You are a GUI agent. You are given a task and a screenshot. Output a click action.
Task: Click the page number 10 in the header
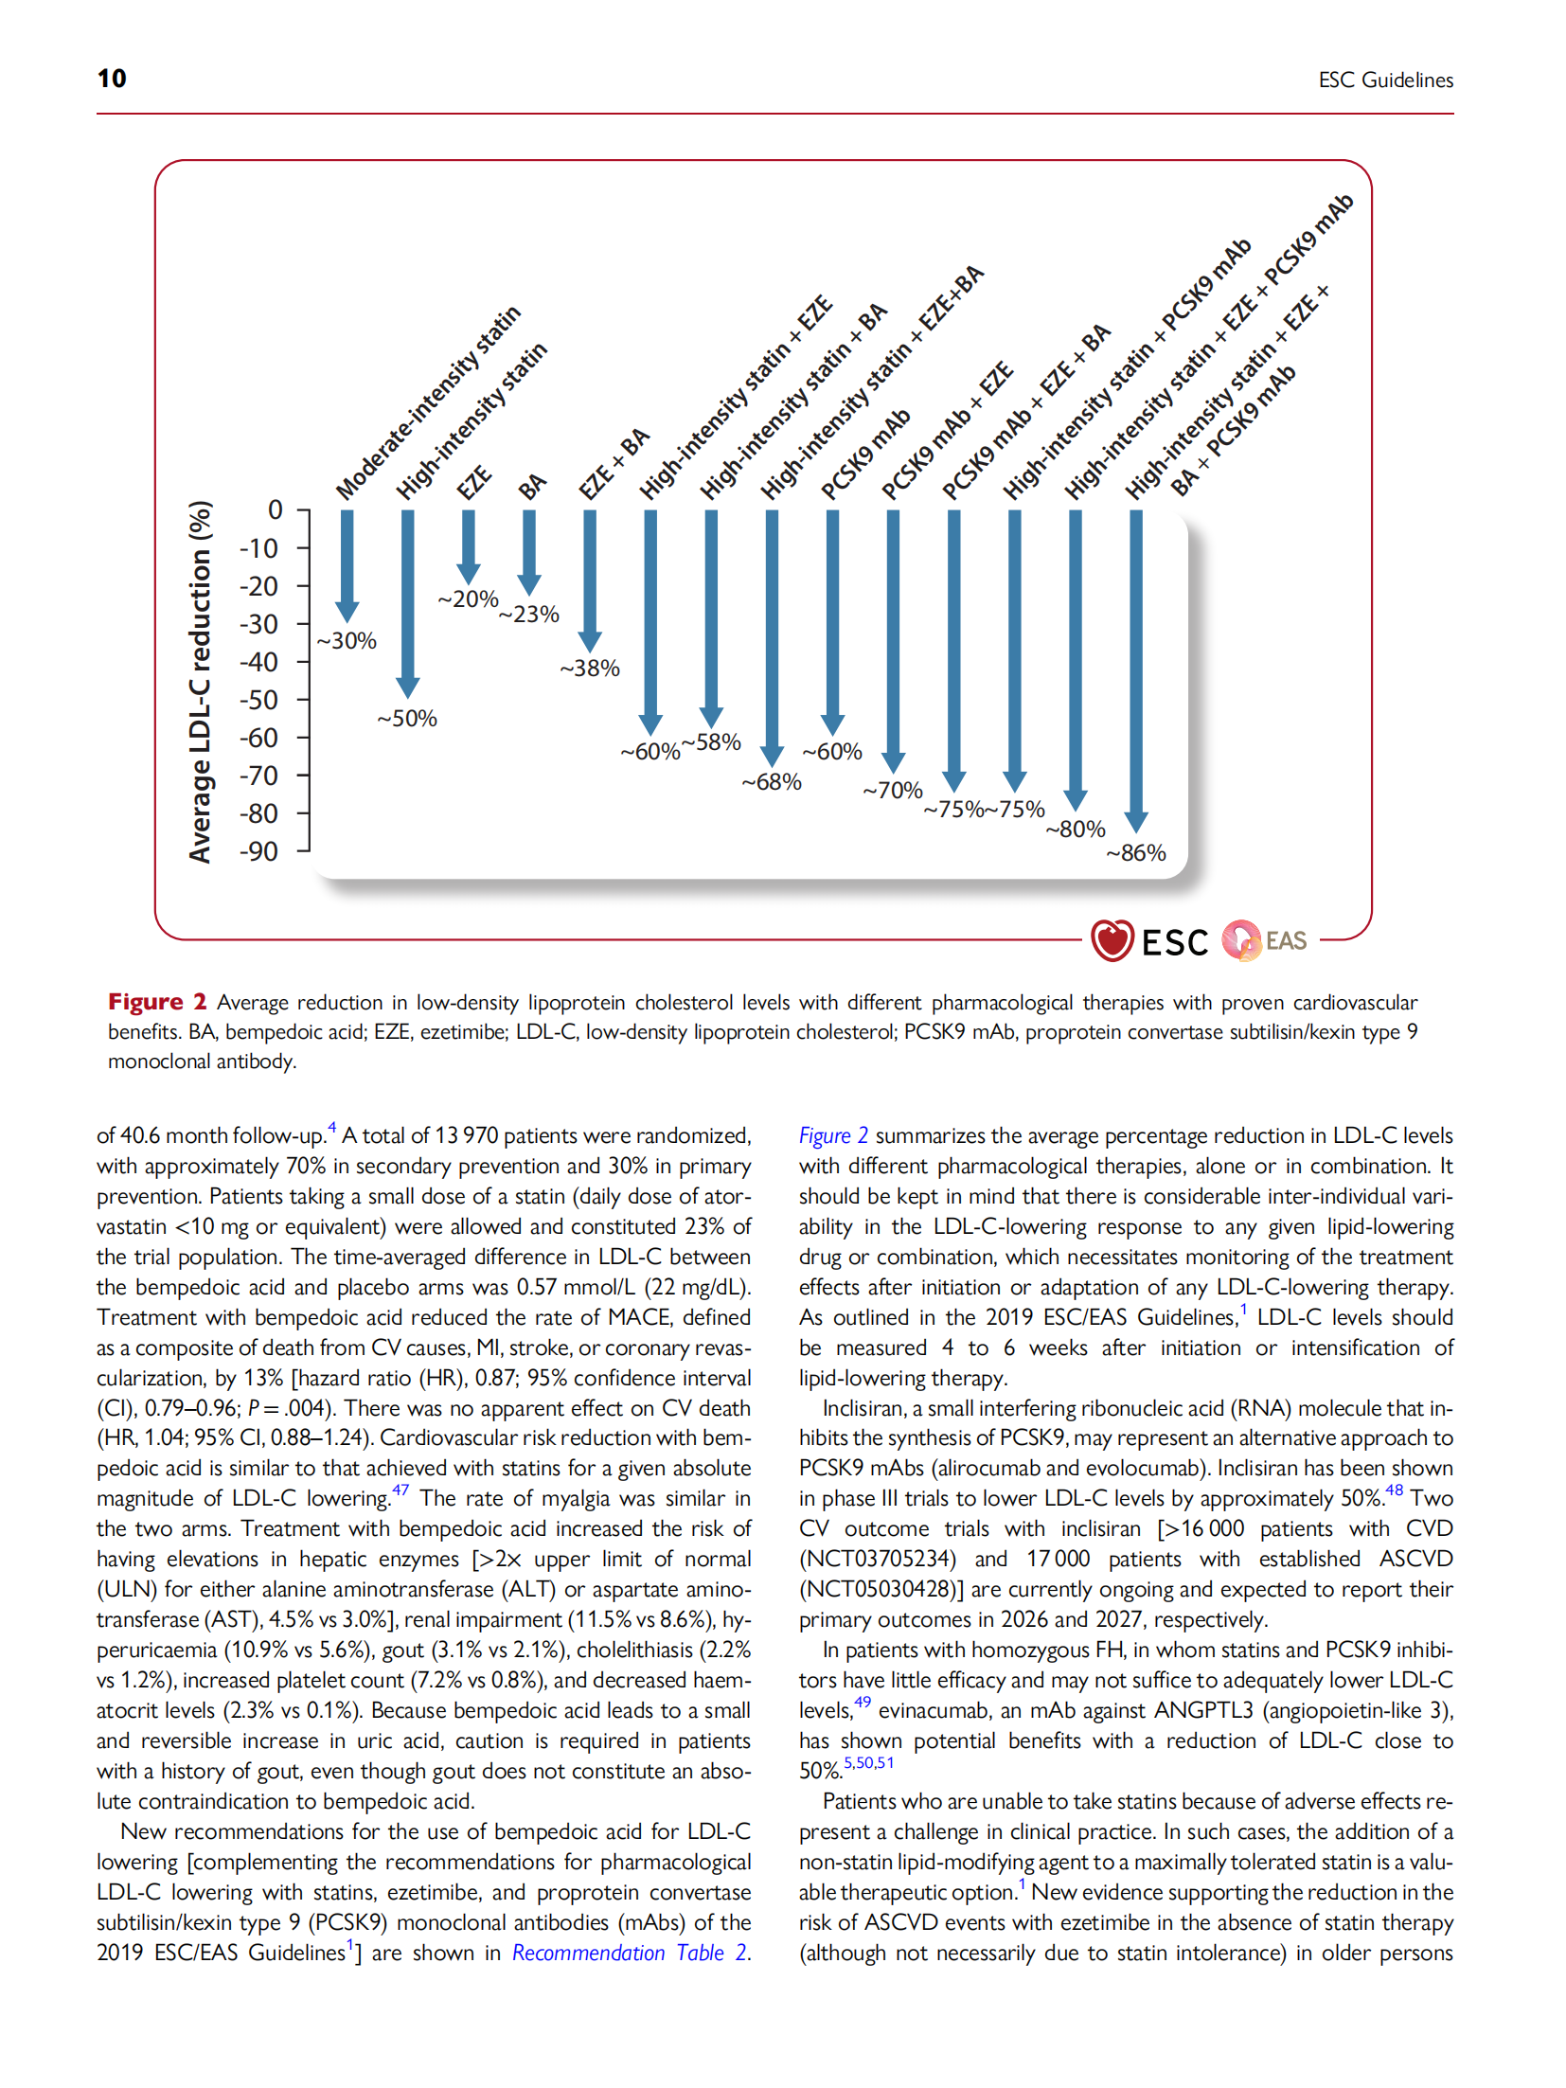coord(112,79)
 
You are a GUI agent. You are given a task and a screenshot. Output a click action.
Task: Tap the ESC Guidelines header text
coord(1385,80)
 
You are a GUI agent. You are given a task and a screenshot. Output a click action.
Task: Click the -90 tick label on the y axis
coord(259,851)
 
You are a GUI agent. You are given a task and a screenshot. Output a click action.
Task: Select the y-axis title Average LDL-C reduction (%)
coord(200,682)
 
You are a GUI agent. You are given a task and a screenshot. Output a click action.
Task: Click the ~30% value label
coord(347,641)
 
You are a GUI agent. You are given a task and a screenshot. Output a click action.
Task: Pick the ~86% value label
coord(1136,853)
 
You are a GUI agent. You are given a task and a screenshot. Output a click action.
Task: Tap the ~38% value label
coord(590,669)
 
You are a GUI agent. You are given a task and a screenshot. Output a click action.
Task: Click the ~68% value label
coord(772,782)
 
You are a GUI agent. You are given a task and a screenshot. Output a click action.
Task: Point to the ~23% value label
coord(529,615)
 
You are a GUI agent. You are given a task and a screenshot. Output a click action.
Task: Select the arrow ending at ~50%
coord(408,602)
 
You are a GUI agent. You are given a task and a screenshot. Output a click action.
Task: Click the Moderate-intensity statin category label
coord(429,402)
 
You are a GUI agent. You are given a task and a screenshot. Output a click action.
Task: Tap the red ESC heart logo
coord(1112,940)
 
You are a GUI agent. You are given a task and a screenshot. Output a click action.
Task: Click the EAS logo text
coord(1286,940)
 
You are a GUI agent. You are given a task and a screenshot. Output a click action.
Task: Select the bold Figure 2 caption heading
coord(157,1002)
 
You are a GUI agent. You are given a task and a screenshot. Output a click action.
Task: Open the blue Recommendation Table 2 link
coord(630,1953)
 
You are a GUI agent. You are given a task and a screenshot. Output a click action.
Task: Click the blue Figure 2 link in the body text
coord(833,1135)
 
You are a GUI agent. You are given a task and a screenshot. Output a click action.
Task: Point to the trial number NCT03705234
coord(878,1559)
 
